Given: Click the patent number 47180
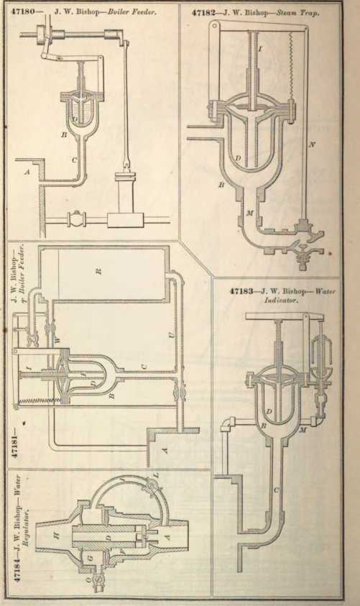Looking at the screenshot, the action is coord(22,12).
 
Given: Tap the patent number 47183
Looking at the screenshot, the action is coord(242,291).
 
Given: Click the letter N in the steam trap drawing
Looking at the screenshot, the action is coord(312,145).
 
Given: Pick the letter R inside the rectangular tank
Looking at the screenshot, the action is coord(99,271).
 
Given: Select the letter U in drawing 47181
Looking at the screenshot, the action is coord(172,335).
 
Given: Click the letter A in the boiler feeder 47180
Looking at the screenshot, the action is coord(27,173).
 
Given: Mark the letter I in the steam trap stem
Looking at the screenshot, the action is coord(260,49).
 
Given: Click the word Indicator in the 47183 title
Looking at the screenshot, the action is coord(281,300).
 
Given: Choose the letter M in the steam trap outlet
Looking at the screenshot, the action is coord(249,213).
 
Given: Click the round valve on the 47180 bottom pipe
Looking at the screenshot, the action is coord(75,219).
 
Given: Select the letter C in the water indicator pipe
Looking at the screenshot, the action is coord(277,490).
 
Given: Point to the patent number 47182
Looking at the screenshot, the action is coord(203,13).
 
